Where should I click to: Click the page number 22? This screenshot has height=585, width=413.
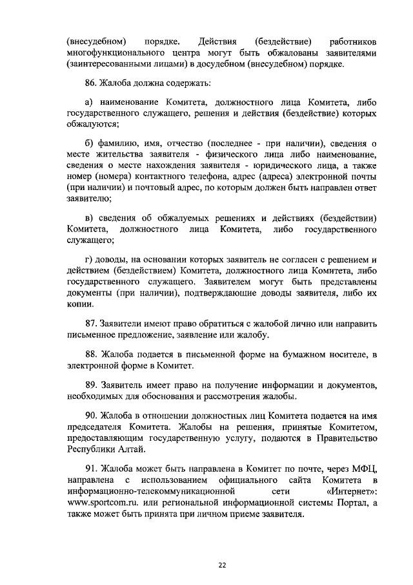(x=221, y=564)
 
